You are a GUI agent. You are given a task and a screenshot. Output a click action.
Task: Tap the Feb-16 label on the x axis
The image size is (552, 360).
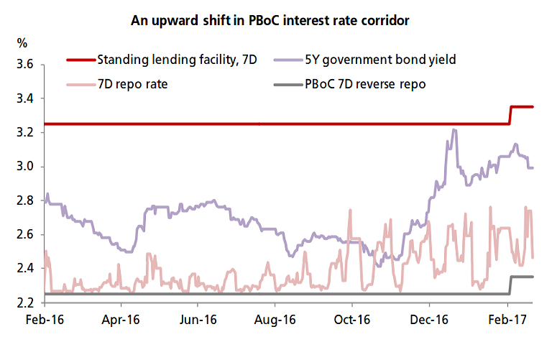(45, 319)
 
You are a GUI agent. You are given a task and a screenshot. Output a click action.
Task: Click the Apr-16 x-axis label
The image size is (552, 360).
(121, 319)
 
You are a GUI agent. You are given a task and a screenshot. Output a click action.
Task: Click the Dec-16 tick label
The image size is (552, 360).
(429, 319)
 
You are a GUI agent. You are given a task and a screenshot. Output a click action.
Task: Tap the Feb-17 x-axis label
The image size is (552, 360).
(507, 319)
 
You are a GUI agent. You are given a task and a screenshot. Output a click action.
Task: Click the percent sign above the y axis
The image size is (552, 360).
(22, 42)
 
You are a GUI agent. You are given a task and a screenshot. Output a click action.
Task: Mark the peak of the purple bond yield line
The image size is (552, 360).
(454, 130)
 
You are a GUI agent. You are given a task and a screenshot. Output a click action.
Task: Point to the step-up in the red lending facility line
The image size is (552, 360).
(510, 115)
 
